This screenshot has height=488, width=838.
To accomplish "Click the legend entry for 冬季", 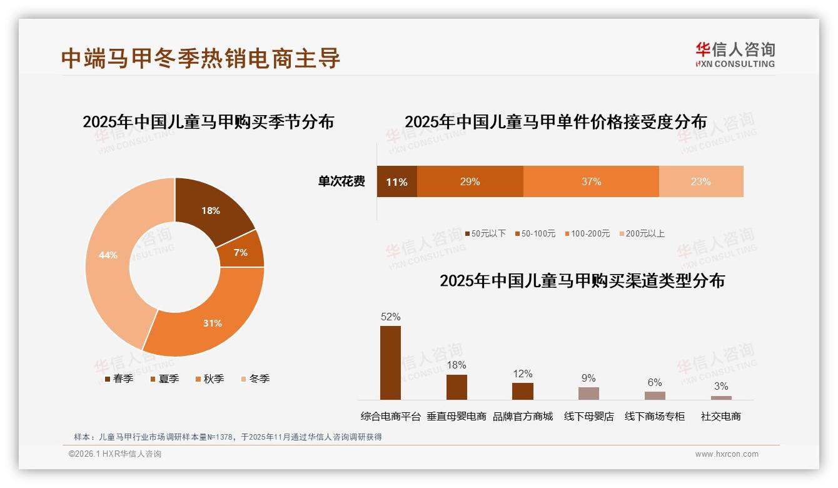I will pos(255,379).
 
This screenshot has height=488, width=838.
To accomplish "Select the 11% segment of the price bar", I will pos(396,181).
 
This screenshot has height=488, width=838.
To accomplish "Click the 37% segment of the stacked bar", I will pos(591,181).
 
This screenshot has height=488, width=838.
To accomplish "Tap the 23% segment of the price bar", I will pos(701,181).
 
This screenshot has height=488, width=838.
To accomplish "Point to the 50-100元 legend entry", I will pos(535,233).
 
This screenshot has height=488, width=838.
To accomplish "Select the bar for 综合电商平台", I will pos(390,363).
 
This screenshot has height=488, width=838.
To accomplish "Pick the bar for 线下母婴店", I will pos(588,393).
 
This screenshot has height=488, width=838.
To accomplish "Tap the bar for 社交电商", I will pos(721,397).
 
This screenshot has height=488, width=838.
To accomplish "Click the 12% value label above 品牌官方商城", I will pos(523,374).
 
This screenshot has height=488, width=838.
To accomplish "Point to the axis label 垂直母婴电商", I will pos(457,416).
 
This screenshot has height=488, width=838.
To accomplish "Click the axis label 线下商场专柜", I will pos(655,416).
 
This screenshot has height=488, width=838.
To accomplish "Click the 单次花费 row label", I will pos(341,181).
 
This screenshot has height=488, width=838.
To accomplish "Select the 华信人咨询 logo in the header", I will pos(735,54).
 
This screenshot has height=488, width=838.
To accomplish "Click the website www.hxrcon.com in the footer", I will pos(727,454).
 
